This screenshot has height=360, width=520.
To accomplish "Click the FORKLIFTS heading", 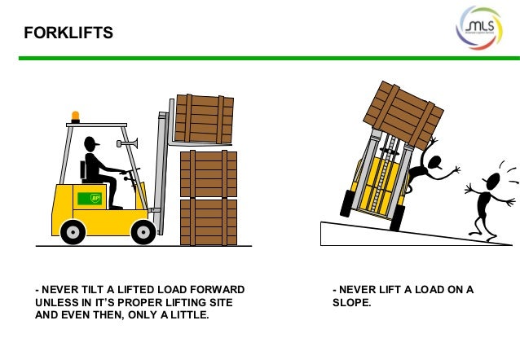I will [x=68, y=33].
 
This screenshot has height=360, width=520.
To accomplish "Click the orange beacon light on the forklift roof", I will [x=76, y=116].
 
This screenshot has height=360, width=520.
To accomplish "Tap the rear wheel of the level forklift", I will [x=73, y=232].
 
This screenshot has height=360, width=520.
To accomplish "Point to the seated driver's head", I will [x=91, y=146].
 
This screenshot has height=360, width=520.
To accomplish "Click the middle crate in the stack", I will [x=208, y=173].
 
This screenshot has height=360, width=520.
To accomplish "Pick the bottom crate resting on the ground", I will [x=208, y=222].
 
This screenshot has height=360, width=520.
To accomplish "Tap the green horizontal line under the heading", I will [x=260, y=58].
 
